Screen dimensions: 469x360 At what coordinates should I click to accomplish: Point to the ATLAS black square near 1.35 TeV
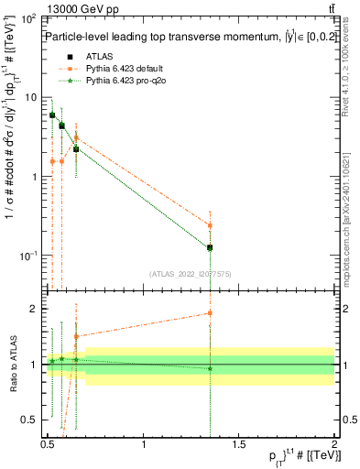[210, 247]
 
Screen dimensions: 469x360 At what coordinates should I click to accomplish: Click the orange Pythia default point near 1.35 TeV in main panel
[210, 225]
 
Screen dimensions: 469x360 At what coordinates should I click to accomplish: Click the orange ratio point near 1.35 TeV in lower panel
[210, 313]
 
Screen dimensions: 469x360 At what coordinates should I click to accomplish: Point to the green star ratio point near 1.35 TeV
[210, 368]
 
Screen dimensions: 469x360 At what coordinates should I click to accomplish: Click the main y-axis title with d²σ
[13, 174]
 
